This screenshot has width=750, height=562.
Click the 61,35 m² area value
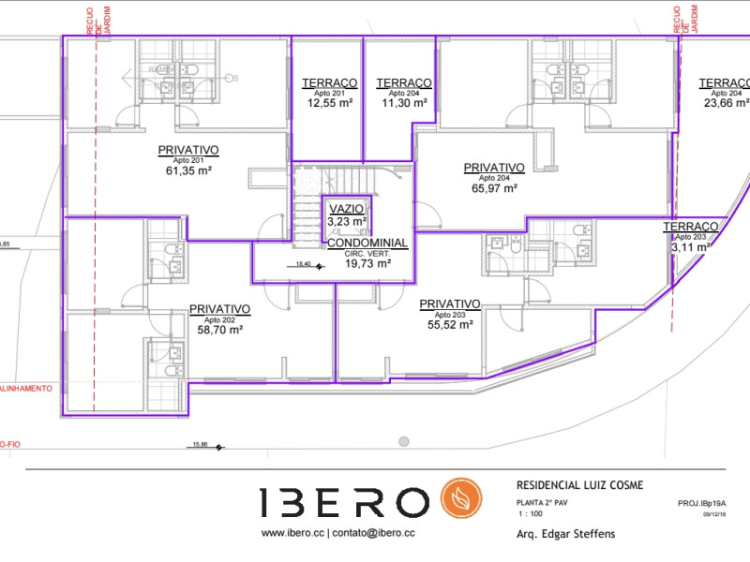pos(188,171)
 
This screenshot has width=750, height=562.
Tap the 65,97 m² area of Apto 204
pos(494,188)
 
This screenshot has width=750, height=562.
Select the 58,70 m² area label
pos(219,331)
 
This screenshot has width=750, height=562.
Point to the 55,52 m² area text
pos(449,325)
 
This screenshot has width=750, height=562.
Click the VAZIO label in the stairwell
pos(346,208)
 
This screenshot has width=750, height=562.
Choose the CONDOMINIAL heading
pos(367,243)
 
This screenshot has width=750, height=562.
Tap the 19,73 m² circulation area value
pos(367,264)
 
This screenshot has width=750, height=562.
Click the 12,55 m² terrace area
pos(330,104)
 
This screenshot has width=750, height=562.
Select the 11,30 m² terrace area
pos(404,104)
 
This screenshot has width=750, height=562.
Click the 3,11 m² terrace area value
pos(692,247)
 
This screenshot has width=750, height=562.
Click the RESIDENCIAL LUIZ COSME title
pos(580,485)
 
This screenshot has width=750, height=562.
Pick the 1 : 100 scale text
pos(532,515)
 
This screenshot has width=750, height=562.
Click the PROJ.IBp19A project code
pos(701,503)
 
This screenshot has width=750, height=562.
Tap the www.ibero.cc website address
pos(292,533)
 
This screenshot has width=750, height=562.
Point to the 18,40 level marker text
pos(303,265)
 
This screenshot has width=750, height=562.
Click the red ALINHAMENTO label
pos(26,387)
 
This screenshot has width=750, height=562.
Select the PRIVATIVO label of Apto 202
pos(219,308)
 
